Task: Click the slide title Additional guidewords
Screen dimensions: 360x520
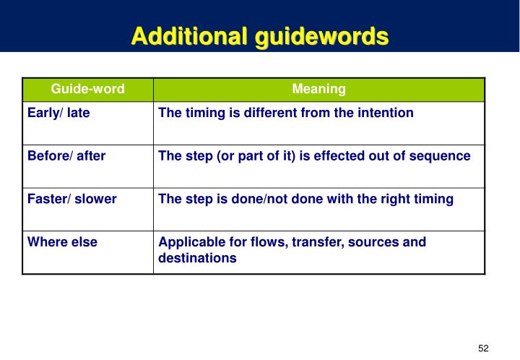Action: (x=260, y=35)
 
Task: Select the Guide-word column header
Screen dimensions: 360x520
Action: (x=87, y=89)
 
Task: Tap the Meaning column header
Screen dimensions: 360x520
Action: (x=318, y=89)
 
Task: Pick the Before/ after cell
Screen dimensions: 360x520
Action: (x=66, y=155)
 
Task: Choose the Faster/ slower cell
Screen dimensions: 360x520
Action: (x=72, y=199)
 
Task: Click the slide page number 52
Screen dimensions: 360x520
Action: (x=483, y=348)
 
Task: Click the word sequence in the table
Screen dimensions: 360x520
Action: (x=443, y=155)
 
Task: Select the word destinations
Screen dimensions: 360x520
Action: (x=197, y=257)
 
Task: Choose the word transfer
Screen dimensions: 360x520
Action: (x=318, y=242)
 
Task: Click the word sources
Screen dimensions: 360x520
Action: (x=375, y=242)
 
